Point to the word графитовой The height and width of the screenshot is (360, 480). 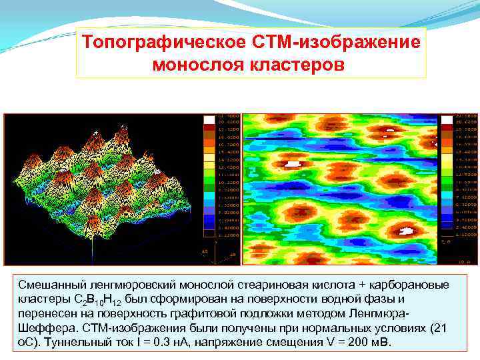238,313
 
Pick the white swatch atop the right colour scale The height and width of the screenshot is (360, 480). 447,119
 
